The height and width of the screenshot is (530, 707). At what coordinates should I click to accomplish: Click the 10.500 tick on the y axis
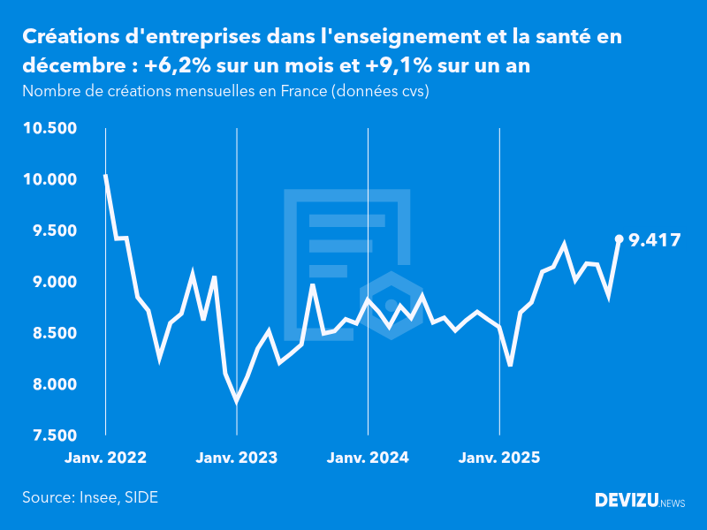click(51, 129)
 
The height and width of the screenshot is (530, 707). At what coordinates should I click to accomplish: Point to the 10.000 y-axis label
click(51, 180)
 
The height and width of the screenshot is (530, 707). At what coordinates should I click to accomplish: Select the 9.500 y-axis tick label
click(55, 231)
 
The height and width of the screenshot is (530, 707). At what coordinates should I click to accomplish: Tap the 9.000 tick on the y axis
click(55, 283)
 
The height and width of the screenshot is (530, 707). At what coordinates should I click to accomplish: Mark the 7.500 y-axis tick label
click(55, 435)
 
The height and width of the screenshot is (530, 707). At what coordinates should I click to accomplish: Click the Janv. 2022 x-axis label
click(105, 458)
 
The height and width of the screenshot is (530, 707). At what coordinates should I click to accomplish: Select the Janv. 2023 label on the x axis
click(236, 458)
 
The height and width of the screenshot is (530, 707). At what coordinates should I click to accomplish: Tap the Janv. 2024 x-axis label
click(368, 458)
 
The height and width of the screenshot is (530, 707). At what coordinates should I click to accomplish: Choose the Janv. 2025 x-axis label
click(499, 458)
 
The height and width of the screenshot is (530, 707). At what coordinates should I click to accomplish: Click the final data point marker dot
click(619, 238)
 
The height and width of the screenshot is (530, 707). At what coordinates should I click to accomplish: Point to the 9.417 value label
click(654, 238)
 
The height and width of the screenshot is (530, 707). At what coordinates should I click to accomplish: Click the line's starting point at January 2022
click(106, 175)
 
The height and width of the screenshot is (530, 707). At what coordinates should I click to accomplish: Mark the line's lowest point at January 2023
click(237, 401)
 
